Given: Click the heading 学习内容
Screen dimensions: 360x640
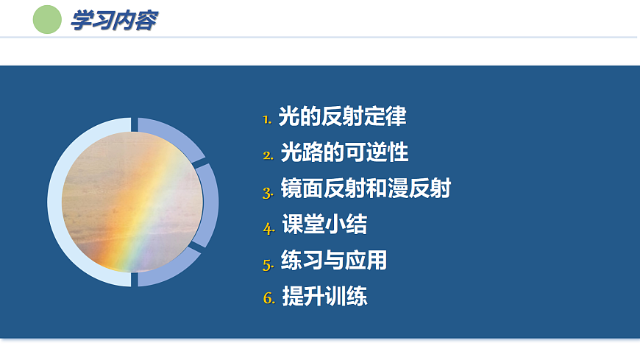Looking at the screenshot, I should tap(113, 20).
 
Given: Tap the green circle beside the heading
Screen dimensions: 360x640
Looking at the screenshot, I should tap(47, 20).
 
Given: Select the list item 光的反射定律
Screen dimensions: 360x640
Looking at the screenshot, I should tap(342, 116).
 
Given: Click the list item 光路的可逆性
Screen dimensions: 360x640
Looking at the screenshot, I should tap(344, 152).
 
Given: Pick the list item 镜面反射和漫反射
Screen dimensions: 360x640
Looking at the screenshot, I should tap(366, 188).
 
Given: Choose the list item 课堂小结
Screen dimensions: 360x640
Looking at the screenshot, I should tap(325, 225).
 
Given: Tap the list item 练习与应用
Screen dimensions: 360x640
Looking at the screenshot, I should tap(334, 261).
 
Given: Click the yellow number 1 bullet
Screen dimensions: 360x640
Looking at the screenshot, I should tap(267, 119).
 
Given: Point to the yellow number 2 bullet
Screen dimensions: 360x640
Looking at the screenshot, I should tap(268, 155).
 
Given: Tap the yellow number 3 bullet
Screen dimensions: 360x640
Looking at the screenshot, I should tap(268, 191).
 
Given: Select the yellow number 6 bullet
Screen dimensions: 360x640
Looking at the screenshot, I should tap(269, 299).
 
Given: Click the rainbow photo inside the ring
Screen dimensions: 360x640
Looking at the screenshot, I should tap(132, 201).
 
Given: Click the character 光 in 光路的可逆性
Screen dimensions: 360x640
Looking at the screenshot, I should tap(291, 152).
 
